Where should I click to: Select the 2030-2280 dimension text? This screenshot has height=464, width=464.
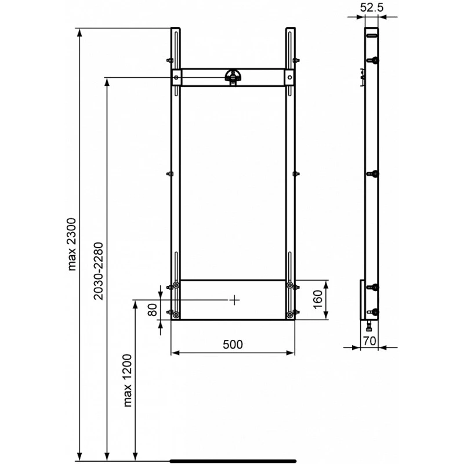coord(99,271)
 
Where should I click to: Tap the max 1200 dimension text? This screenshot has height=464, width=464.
coord(128,381)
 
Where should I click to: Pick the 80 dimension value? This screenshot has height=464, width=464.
coord(152,310)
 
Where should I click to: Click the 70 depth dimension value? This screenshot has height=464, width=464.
coord(370,340)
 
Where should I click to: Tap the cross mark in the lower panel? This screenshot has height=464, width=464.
coord(234,300)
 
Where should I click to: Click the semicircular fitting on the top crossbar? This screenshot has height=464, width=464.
coord(233,76)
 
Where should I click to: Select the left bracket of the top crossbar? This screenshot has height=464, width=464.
coord(176,77)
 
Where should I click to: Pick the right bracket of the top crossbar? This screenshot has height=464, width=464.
coord(288,77)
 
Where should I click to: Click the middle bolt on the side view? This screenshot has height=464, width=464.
coord(375,173)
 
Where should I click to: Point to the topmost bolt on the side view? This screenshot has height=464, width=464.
coord(375,60)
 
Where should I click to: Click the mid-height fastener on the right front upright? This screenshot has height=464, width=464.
coord(296,173)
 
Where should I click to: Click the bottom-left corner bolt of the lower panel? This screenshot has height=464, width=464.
coord(176,315)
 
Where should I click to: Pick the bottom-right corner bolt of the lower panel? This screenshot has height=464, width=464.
coord(289,315)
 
